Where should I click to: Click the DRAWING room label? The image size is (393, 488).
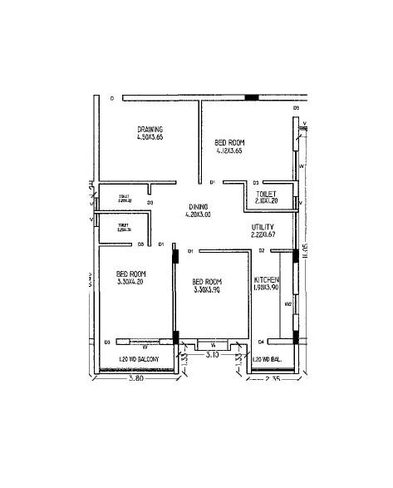(x=150, y=129)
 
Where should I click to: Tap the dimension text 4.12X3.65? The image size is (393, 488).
(x=228, y=151)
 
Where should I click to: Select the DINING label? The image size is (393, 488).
(x=198, y=206)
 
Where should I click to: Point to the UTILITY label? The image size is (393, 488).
(x=263, y=227)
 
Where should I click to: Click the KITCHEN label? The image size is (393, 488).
(x=266, y=280)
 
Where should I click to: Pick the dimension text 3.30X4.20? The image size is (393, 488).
(x=130, y=282)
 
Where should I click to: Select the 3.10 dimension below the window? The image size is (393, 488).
(x=213, y=354)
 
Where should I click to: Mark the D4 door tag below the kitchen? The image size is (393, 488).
(x=260, y=342)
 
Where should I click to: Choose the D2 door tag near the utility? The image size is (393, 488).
(x=261, y=250)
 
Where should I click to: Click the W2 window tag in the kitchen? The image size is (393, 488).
(x=287, y=304)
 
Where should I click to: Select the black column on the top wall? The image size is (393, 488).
(x=251, y=98)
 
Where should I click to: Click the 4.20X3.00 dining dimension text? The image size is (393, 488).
(x=198, y=214)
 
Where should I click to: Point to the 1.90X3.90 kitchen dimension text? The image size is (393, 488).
(x=266, y=288)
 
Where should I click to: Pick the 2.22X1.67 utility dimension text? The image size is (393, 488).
(x=263, y=235)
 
